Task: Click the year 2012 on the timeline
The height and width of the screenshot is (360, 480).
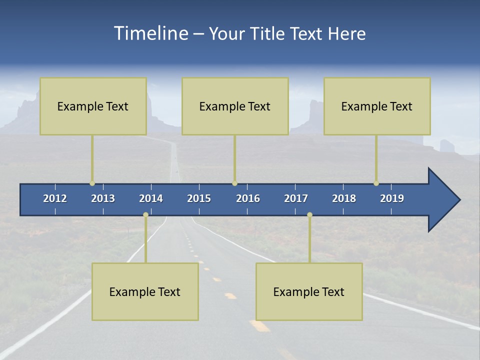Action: (55, 198)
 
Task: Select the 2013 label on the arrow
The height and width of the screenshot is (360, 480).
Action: (103, 198)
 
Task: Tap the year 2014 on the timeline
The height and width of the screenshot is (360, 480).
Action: (151, 198)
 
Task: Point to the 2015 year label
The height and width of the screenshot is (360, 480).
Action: (199, 198)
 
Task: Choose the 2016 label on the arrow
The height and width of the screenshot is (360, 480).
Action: (248, 198)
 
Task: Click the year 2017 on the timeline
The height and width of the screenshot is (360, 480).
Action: (296, 198)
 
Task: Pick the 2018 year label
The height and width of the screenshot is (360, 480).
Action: (344, 198)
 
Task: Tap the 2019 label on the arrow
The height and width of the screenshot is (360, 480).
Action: (392, 198)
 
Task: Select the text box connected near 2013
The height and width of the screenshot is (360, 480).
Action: (93, 106)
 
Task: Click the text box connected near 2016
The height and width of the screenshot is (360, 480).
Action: (235, 106)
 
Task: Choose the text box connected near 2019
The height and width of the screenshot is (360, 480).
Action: (377, 106)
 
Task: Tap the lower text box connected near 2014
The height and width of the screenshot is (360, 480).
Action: (145, 291)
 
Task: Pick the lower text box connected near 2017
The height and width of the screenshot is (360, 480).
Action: (309, 291)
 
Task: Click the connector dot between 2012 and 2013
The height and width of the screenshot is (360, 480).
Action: (92, 183)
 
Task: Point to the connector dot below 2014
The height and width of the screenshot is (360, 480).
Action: (145, 215)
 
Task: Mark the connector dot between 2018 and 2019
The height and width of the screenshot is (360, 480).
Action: (376, 183)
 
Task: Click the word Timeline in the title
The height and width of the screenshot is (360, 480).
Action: (150, 33)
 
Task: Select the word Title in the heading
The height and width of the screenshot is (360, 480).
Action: (268, 33)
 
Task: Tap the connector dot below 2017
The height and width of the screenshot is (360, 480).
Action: (309, 215)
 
